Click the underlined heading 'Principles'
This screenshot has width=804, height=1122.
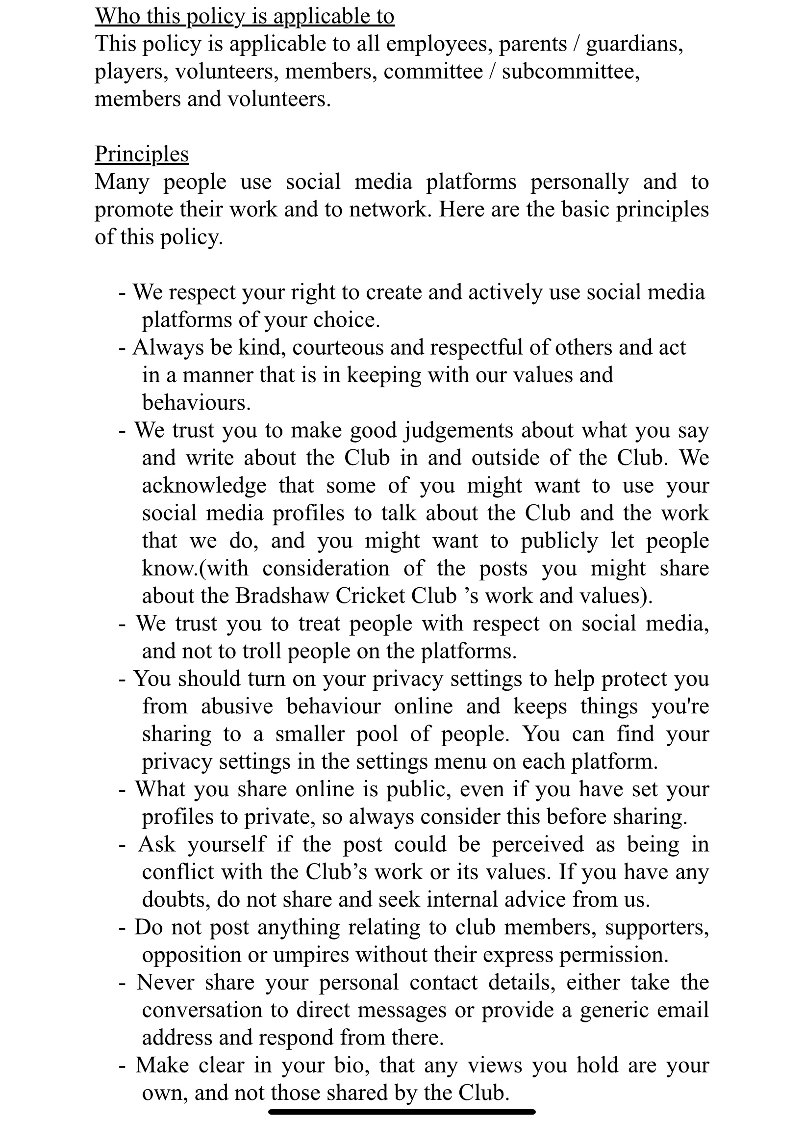click(x=141, y=155)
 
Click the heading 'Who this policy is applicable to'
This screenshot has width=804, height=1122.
click(x=244, y=16)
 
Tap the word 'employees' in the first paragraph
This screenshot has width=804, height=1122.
click(x=439, y=44)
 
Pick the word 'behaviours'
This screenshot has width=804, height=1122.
click(x=196, y=403)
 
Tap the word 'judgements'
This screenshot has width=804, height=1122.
click(x=460, y=430)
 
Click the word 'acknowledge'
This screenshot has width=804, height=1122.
click(x=204, y=486)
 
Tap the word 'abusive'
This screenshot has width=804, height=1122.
click(x=237, y=706)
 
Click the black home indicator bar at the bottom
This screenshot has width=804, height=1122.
click(x=402, y=1112)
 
